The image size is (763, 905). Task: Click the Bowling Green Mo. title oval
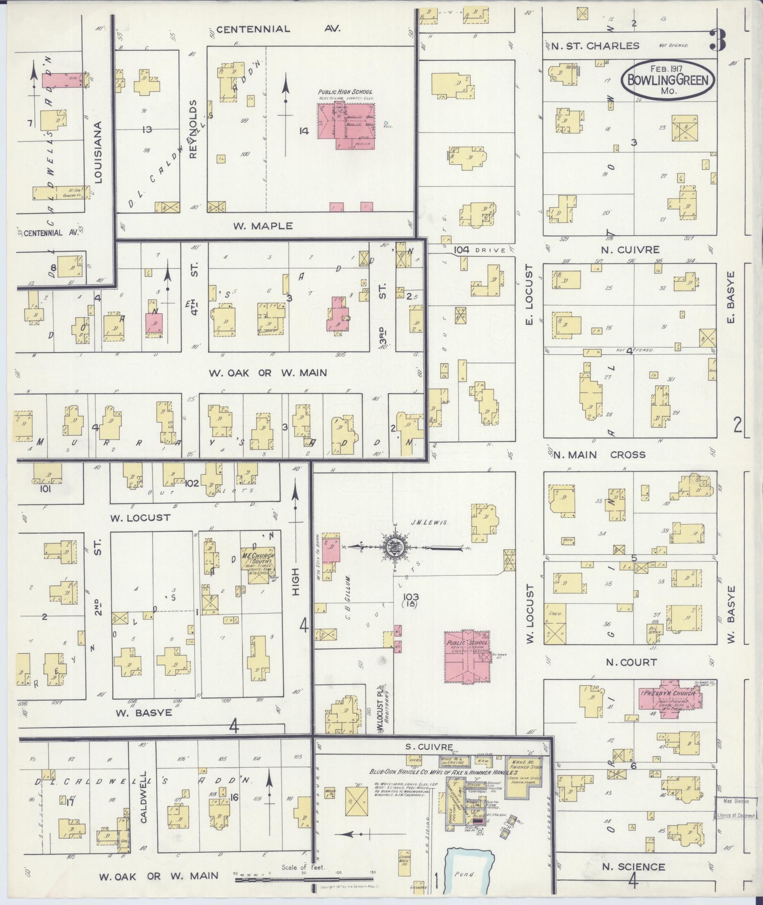(668, 80)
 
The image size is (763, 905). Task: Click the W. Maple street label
(263, 226)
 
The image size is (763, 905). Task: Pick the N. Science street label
(633, 866)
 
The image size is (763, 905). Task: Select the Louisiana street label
(98, 152)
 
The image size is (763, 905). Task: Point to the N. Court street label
(631, 662)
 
